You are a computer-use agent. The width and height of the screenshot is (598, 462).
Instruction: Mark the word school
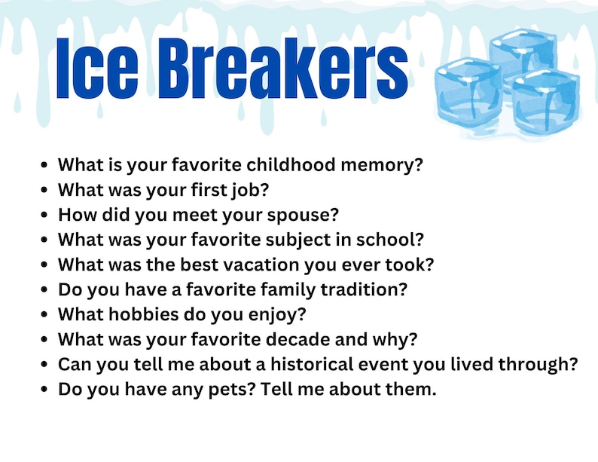pyautogui.click(x=396, y=240)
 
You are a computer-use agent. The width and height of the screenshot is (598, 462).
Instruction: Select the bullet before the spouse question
pyautogui.click(x=44, y=216)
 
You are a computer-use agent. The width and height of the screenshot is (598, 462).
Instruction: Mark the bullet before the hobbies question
pyautogui.click(x=44, y=315)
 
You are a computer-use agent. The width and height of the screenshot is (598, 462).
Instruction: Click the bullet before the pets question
pyautogui.click(x=44, y=390)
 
